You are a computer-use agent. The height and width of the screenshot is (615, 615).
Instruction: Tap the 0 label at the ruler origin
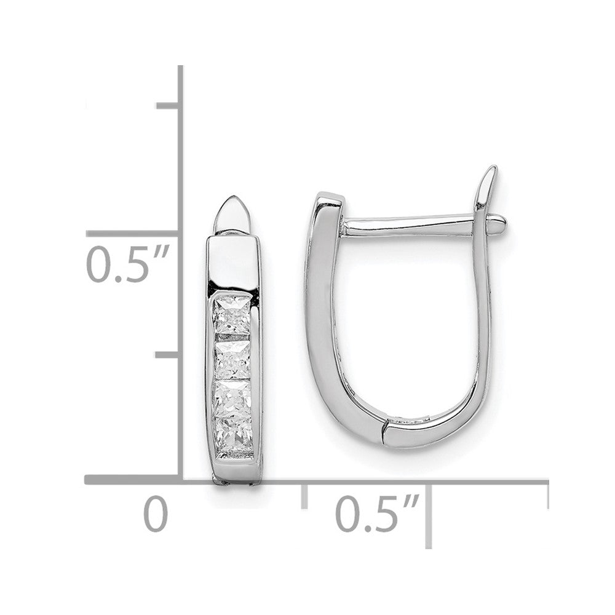click(x=156, y=514)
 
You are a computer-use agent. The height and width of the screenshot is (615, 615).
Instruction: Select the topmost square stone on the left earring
click(x=231, y=315)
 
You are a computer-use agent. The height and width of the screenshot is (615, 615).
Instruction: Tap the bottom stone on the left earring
click(x=232, y=434)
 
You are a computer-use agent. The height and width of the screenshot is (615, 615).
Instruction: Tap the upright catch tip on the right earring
click(x=488, y=184)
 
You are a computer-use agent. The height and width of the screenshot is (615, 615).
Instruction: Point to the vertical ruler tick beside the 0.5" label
click(x=132, y=234)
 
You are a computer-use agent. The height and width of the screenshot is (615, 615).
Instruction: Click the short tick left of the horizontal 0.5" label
click(x=304, y=495)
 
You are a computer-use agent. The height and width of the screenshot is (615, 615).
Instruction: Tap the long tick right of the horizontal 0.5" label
click(x=429, y=514)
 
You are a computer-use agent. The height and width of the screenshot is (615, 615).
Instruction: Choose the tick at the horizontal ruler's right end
click(x=546, y=495)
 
